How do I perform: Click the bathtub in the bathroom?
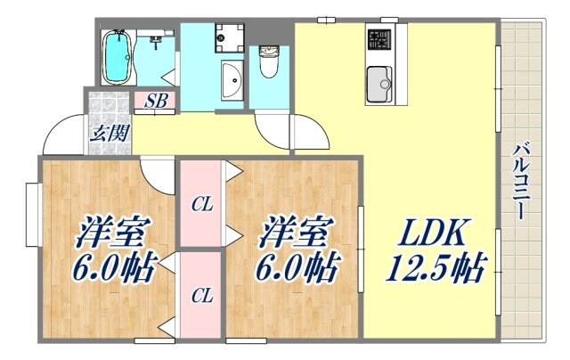point(117,55)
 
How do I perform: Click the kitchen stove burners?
point(379,39)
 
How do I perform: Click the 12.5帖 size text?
point(434,268)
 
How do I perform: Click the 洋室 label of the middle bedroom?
point(293,233)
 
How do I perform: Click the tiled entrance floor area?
point(108,105)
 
